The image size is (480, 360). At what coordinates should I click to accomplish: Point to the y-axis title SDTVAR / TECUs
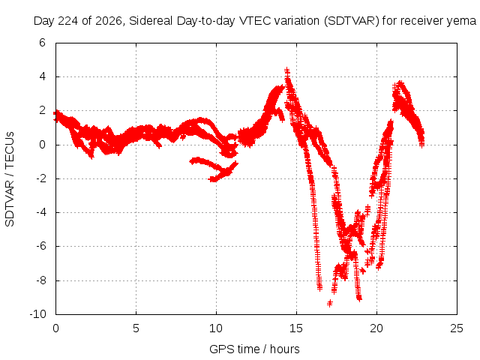(x=10, y=179)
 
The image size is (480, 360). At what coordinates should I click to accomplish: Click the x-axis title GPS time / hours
(x=254, y=349)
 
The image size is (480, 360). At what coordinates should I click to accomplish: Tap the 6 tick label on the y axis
(x=42, y=43)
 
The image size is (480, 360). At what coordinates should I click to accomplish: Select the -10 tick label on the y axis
(x=38, y=314)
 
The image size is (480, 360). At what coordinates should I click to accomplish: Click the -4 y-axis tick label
(x=40, y=212)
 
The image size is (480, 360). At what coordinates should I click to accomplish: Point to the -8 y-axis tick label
(x=40, y=280)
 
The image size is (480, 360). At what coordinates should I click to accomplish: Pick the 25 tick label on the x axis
(x=457, y=328)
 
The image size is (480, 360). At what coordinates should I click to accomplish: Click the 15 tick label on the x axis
(x=296, y=328)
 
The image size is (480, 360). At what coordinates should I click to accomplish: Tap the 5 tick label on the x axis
(x=136, y=328)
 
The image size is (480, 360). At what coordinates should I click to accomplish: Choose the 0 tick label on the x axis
(x=55, y=328)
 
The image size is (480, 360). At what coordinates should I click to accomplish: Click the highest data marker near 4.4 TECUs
(x=286, y=70)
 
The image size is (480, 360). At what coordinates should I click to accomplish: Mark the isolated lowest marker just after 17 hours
(x=330, y=303)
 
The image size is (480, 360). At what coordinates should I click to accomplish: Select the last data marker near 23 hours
(x=421, y=144)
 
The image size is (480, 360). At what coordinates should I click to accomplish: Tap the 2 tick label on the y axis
(x=42, y=110)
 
